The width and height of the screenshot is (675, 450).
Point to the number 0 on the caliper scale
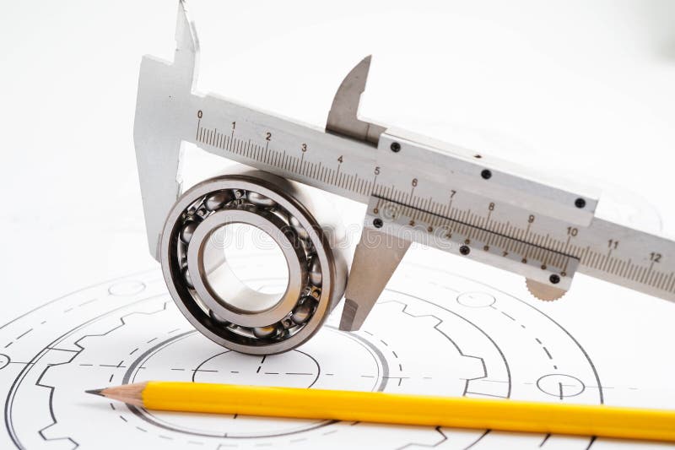click(200, 113)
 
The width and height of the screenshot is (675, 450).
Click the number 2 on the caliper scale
click(268, 136)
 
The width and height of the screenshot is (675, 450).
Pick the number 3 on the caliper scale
click(304, 148)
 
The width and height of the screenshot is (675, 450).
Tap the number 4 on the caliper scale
click(340, 159)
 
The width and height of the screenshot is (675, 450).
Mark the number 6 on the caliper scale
click(414, 182)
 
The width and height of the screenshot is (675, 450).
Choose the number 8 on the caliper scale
click(491, 205)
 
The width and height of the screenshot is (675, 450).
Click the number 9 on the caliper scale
click(531, 218)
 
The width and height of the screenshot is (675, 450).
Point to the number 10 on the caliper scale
click(571, 230)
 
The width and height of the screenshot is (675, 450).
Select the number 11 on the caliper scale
click(613, 244)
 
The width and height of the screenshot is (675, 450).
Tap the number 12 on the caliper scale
click(655, 257)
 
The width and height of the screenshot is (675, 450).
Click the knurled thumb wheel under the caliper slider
click(545, 290)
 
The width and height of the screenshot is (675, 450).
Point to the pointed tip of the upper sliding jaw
click(368, 58)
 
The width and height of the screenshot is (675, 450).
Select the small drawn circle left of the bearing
click(127, 288)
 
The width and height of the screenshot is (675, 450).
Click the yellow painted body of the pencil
click(405, 409)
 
